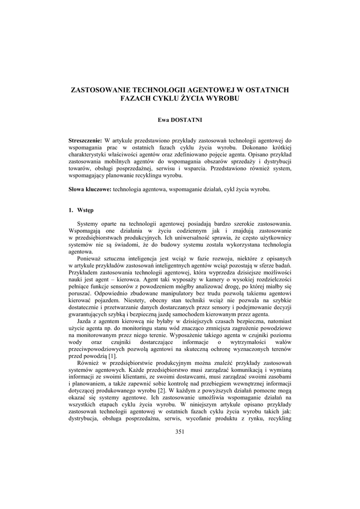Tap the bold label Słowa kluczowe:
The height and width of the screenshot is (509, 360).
[x=90, y=189]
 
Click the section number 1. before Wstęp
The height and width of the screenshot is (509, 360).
[x=71, y=210]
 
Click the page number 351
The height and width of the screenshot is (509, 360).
[x=180, y=431]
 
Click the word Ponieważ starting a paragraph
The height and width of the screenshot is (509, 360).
[x=90, y=258]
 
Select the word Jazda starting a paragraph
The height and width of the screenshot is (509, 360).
[x=86, y=321]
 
